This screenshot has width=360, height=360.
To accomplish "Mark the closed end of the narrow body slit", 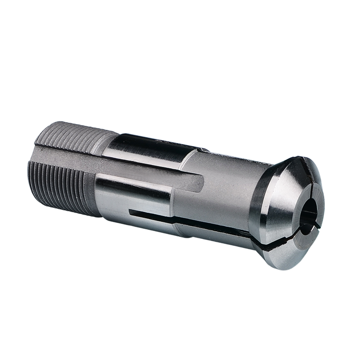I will click(x=130, y=211).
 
